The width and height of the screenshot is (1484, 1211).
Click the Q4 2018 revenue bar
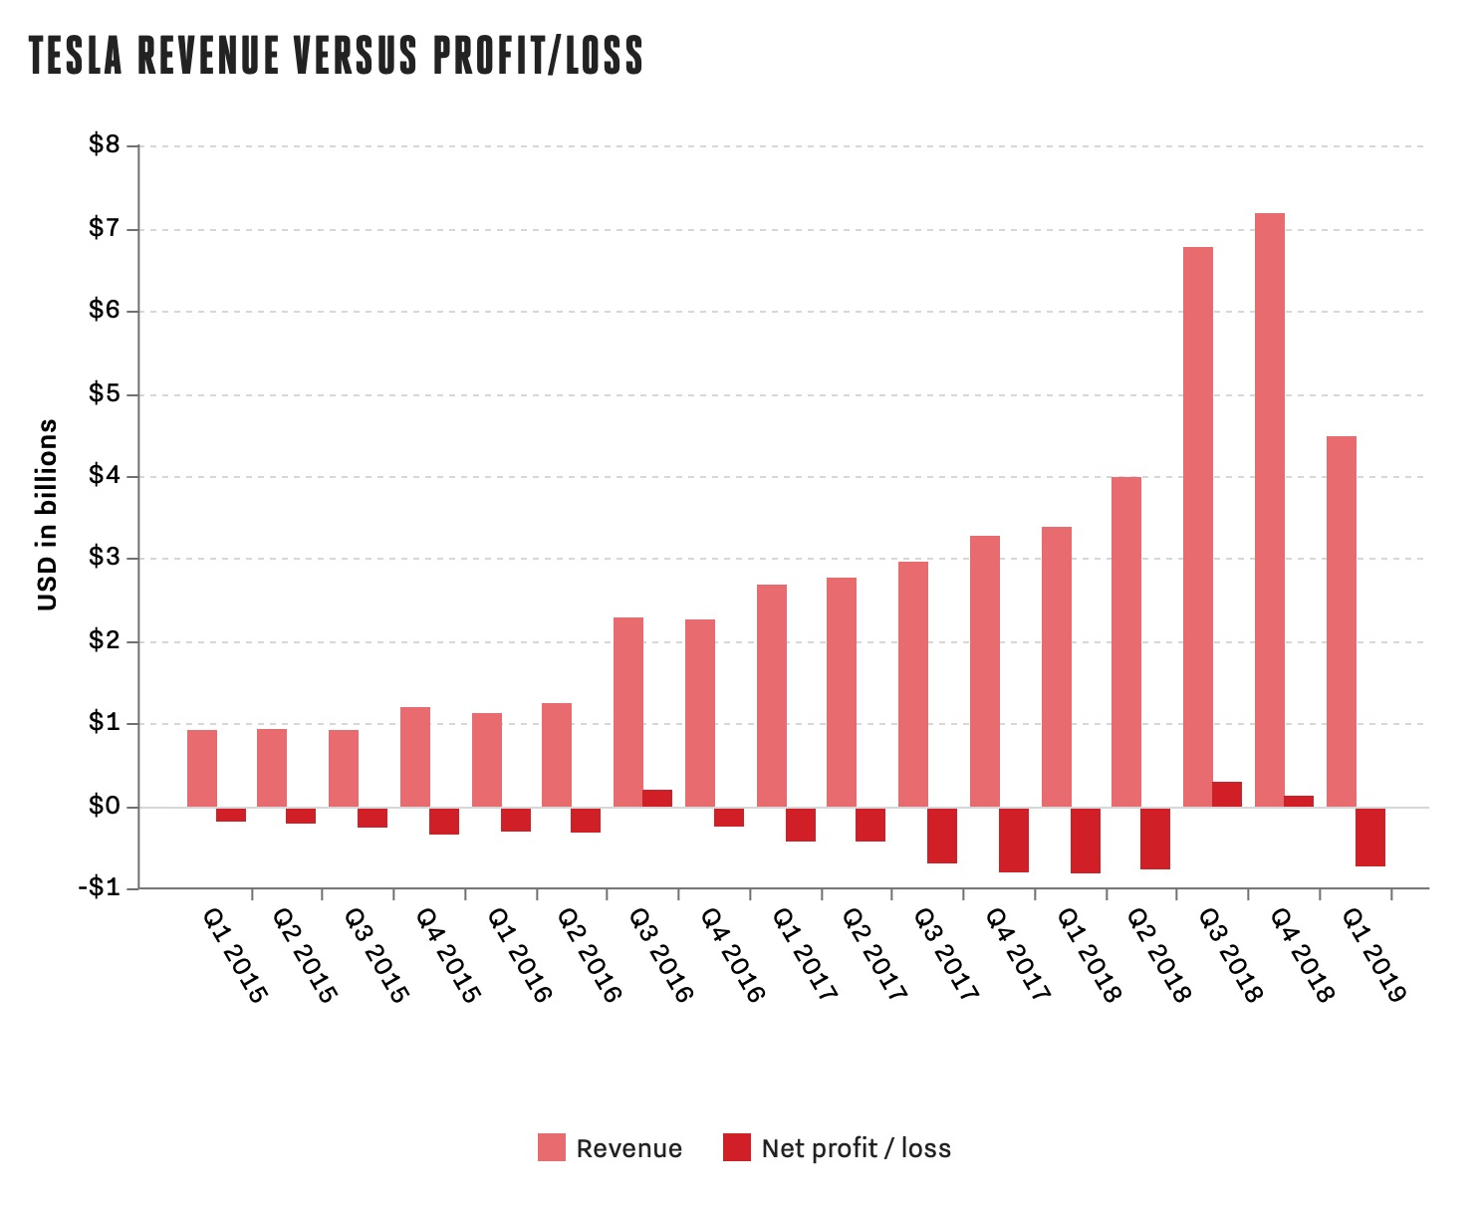[1269, 509]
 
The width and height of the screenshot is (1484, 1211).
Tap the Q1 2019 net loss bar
[1370, 837]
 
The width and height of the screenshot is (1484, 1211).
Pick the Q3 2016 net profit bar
[657, 798]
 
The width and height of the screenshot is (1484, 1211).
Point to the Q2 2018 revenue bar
[1126, 641]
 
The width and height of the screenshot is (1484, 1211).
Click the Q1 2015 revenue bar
[202, 768]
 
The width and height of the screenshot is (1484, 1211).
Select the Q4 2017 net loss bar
[1014, 840]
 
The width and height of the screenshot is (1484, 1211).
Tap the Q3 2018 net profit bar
[1227, 794]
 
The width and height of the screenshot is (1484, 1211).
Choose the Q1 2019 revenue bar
[1342, 620]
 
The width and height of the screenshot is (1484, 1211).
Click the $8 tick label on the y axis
[104, 145]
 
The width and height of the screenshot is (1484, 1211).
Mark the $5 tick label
[104, 393]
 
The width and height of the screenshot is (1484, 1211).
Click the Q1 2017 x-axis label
[805, 953]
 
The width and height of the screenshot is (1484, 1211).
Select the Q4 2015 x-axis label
[448, 953]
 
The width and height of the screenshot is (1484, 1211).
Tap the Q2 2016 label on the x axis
[590, 953]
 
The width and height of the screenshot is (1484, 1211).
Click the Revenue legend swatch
[551, 1147]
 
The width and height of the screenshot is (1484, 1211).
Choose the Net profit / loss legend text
[856, 1148]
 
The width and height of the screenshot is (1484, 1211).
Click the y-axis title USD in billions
[47, 515]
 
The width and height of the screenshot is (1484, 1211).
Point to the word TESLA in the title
[76, 56]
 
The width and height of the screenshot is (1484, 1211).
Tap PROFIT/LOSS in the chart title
[538, 56]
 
